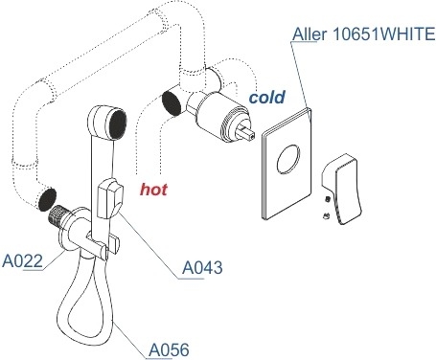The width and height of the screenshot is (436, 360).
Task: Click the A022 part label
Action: (22, 261)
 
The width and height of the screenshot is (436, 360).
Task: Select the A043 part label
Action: (202, 267)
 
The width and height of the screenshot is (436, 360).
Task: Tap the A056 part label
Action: (169, 349)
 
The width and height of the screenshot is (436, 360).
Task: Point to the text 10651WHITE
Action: (384, 34)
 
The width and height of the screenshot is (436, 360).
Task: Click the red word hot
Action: (153, 190)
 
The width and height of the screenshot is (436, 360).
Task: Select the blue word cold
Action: (267, 97)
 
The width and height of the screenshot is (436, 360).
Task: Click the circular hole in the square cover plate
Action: (288, 159)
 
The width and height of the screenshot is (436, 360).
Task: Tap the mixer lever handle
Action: (343, 190)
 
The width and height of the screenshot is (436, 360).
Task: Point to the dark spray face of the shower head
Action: (118, 124)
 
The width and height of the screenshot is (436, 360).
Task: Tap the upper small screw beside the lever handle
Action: (328, 199)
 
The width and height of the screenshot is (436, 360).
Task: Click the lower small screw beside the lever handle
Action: (327, 216)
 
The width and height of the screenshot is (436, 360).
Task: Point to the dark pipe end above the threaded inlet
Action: (47, 199)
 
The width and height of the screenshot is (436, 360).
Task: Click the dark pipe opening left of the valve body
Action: (172, 103)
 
